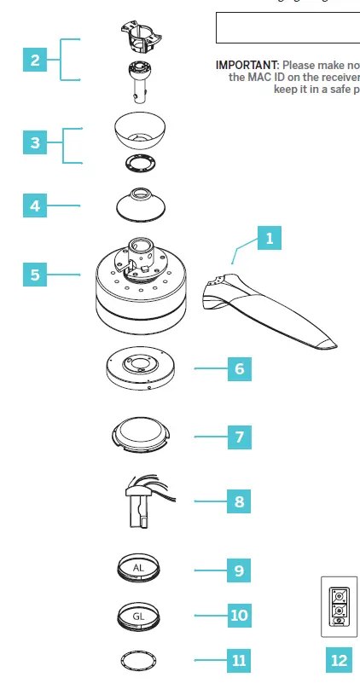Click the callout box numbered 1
(x=270, y=239)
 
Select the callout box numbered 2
(x=35, y=60)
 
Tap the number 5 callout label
(x=35, y=275)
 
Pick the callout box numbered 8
(x=240, y=501)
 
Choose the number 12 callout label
(x=340, y=659)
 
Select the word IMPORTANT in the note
(x=247, y=65)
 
